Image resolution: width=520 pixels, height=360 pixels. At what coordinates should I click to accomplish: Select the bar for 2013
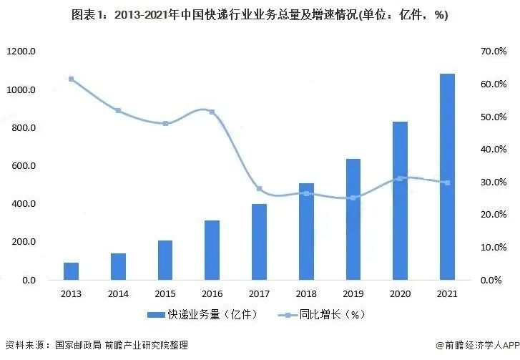click(x=72, y=271)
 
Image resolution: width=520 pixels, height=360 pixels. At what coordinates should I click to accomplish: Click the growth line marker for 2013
click(x=72, y=79)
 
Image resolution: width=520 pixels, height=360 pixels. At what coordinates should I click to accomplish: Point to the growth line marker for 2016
click(x=212, y=112)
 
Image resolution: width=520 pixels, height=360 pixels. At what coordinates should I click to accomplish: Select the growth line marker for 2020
click(x=400, y=178)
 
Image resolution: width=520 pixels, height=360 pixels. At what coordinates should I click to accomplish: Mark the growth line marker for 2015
click(x=165, y=124)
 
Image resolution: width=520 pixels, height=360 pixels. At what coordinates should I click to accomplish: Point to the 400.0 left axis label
click(x=24, y=204)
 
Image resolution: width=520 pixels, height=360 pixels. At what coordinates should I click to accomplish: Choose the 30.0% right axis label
click(x=494, y=183)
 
